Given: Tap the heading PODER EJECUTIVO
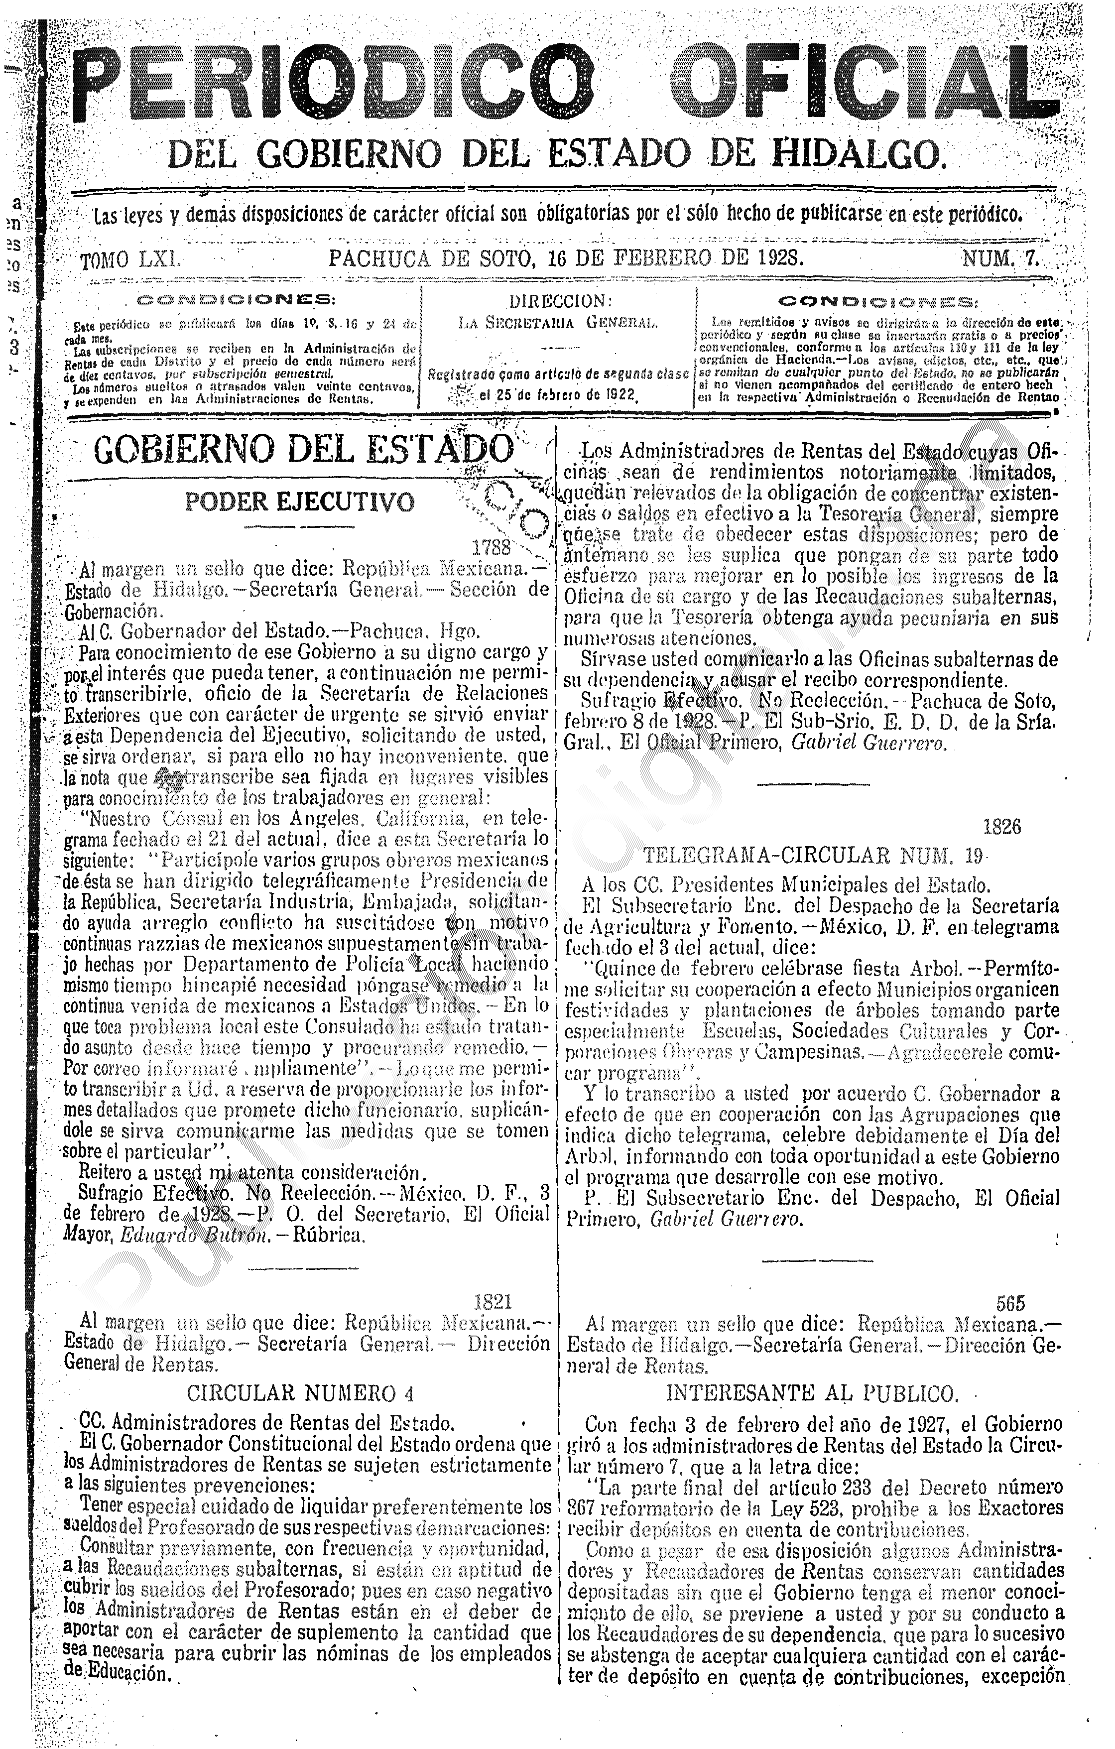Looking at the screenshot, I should tap(300, 502).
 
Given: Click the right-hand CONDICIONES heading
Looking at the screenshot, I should tap(877, 301).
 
